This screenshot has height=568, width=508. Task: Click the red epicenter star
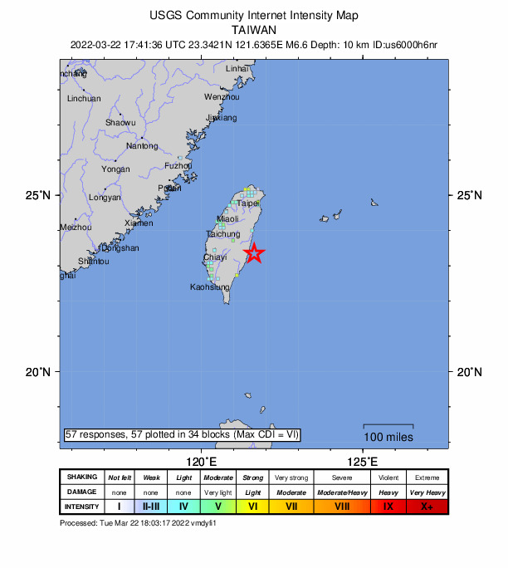coord(255,254)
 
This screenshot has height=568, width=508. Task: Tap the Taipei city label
coord(247,203)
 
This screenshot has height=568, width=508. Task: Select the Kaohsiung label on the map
coord(209,287)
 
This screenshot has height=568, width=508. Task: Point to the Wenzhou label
coord(222,97)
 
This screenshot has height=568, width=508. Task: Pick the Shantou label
coord(93,262)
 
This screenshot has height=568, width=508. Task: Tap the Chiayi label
coord(216,258)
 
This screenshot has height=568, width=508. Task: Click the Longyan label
coord(105,198)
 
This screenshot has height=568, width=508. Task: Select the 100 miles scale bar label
coord(387,437)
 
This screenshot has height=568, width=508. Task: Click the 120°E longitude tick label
coord(202,462)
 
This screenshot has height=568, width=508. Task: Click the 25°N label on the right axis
coord(469,196)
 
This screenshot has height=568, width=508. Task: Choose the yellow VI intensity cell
coord(253,506)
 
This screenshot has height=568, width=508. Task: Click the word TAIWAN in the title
coord(254,28)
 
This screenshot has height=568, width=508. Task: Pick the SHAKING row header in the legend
coord(82,477)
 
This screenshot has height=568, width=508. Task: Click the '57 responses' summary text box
coord(182,434)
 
